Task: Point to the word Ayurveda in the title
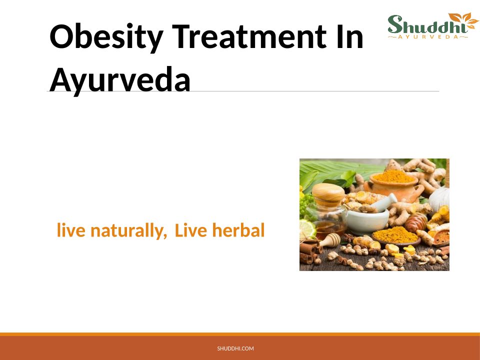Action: click(x=120, y=79)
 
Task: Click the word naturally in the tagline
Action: click(x=128, y=231)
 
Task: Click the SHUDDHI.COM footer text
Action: click(x=235, y=348)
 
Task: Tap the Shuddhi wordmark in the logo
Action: click(x=428, y=25)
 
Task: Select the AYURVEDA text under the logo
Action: click(x=428, y=37)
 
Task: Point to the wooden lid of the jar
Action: click(x=328, y=194)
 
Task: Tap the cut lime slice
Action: click(x=307, y=228)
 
